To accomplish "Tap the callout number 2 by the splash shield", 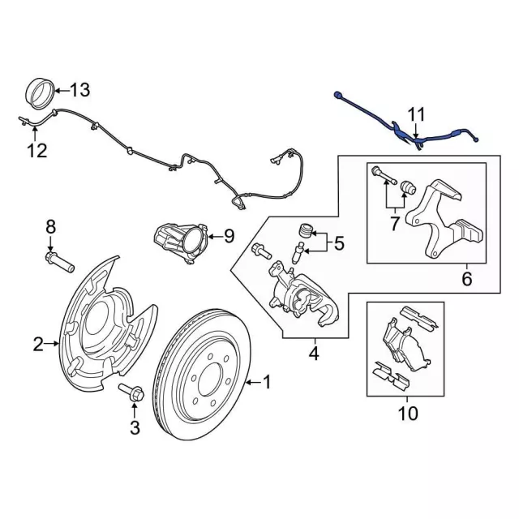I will (x=38, y=345).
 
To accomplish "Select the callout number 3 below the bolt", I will (x=135, y=427).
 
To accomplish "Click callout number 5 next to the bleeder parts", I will (x=339, y=242).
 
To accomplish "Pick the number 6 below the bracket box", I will (x=466, y=280).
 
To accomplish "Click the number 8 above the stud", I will (x=50, y=225).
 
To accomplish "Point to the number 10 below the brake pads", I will (x=408, y=414).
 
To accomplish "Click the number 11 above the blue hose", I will (x=416, y=114).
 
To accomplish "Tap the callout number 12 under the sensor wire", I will (x=36, y=150).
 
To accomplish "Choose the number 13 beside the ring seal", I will (x=82, y=91).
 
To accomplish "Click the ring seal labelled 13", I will (x=39, y=92).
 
